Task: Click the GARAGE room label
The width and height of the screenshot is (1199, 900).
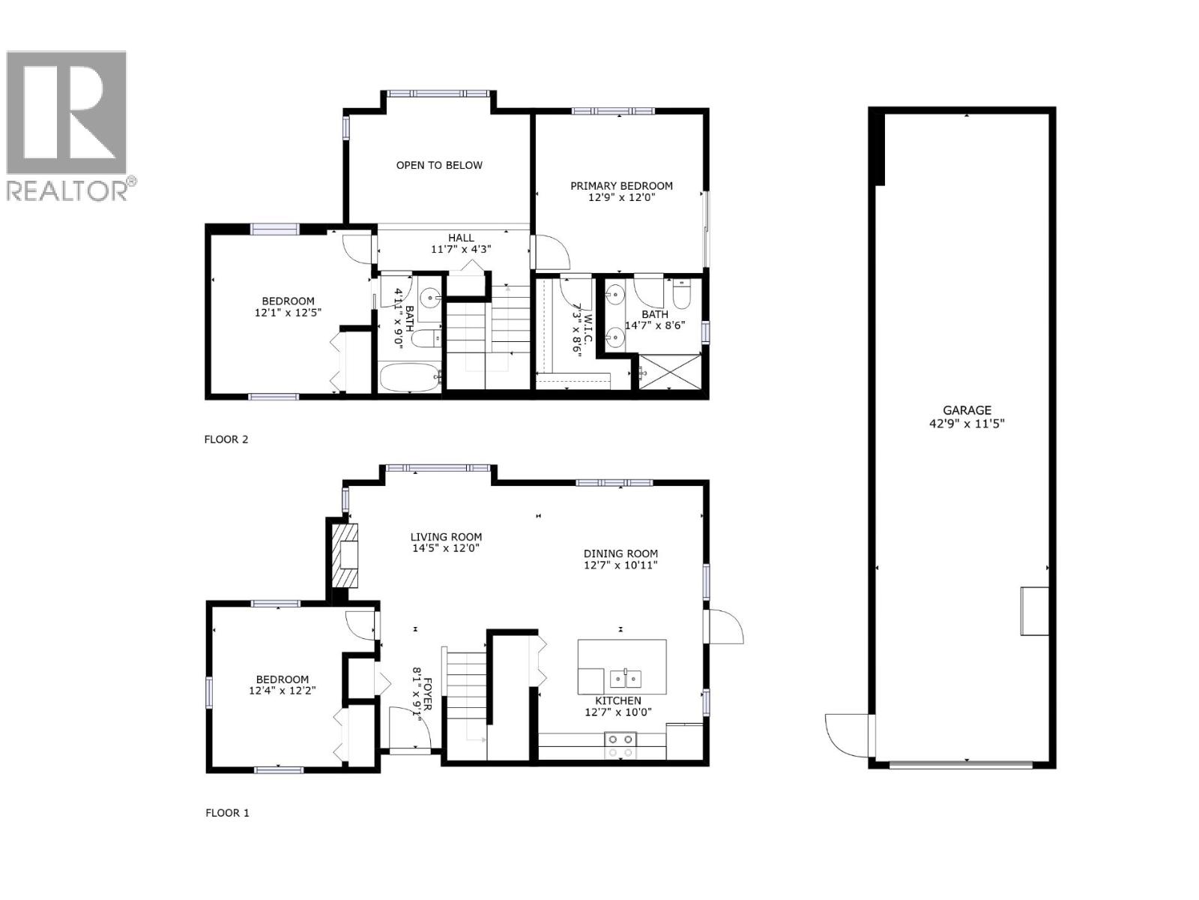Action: [967, 410]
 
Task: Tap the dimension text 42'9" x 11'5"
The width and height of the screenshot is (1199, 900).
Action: [967, 423]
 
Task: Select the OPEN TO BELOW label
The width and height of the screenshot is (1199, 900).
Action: [439, 165]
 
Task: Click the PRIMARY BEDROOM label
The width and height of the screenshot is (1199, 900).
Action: [621, 186]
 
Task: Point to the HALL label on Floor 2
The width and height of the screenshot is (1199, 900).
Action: [461, 238]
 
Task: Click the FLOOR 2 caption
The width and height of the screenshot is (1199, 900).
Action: [226, 439]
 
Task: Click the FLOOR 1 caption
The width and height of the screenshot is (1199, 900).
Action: [227, 812]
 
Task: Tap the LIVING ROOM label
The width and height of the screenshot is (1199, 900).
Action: [446, 537]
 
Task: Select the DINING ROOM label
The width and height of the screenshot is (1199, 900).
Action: [620, 553]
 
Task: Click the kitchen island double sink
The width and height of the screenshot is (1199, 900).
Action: [625, 678]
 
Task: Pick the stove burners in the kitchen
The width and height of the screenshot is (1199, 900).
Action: [620, 745]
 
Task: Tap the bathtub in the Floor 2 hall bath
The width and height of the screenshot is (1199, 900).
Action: [408, 377]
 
